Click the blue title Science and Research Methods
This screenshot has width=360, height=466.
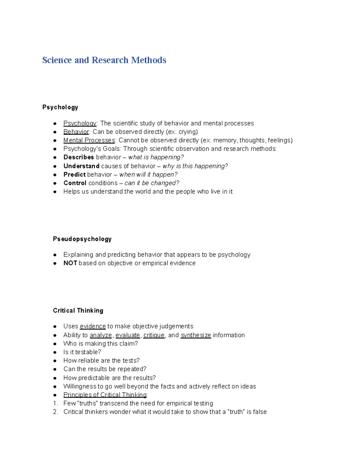(x=104, y=60)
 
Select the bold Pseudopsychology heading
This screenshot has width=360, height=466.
(x=82, y=239)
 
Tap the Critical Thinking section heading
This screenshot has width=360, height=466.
(x=78, y=311)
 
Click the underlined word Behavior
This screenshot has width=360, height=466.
(x=76, y=132)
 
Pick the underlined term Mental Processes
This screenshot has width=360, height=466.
(x=89, y=140)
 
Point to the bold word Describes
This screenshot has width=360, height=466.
(x=79, y=157)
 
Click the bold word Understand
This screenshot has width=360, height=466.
(x=81, y=166)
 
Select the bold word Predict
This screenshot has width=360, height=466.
(x=74, y=175)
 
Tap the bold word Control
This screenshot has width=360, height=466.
(x=75, y=183)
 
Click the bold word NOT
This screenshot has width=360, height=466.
(x=70, y=263)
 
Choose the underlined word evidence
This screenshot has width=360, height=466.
(x=93, y=326)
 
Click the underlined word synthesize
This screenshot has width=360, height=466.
(x=196, y=335)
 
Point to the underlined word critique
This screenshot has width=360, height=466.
(x=154, y=335)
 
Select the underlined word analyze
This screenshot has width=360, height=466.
(x=101, y=335)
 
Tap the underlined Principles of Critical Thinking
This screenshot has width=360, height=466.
(x=105, y=395)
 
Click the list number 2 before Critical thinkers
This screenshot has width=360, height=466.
(x=55, y=412)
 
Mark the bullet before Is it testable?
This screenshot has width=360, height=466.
(x=55, y=352)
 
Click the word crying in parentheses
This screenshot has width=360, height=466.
(x=188, y=132)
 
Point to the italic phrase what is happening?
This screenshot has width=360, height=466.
(x=156, y=157)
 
